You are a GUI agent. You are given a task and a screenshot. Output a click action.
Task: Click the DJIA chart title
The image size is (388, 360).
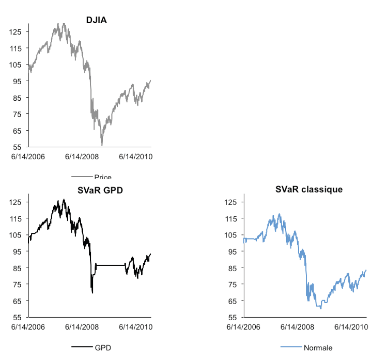click(96, 20)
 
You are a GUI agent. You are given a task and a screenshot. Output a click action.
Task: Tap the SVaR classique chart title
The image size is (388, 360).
click(309, 190)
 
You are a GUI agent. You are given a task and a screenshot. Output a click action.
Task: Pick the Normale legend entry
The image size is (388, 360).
click(318, 347)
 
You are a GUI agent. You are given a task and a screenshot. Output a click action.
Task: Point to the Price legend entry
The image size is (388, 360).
click(102, 177)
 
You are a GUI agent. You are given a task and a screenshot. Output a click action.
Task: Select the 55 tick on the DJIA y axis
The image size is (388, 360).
click(17, 147)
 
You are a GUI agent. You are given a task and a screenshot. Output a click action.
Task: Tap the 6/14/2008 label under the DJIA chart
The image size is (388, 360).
click(82, 156)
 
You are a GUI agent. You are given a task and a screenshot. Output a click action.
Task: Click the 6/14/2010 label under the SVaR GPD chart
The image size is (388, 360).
click(135, 327)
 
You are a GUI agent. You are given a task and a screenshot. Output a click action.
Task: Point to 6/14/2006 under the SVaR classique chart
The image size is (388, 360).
click(244, 327)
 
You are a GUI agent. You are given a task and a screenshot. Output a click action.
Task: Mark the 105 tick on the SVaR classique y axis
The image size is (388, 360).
click(231, 235)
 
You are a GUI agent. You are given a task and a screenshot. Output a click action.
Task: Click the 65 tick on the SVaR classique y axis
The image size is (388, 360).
click(233, 301)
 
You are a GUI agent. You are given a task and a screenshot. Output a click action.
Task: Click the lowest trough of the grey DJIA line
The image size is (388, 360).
click(102, 145)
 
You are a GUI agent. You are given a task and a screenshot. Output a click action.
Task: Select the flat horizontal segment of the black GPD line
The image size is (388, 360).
click(111, 265)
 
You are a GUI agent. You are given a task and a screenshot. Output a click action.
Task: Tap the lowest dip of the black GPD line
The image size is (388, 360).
click(92, 292)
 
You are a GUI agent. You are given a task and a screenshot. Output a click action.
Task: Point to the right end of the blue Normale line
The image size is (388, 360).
click(366, 270)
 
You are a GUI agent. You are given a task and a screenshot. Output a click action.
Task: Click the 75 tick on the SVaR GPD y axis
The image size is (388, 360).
click(17, 284)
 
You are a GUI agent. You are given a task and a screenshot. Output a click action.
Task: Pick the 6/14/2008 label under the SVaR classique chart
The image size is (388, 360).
click(297, 327)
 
